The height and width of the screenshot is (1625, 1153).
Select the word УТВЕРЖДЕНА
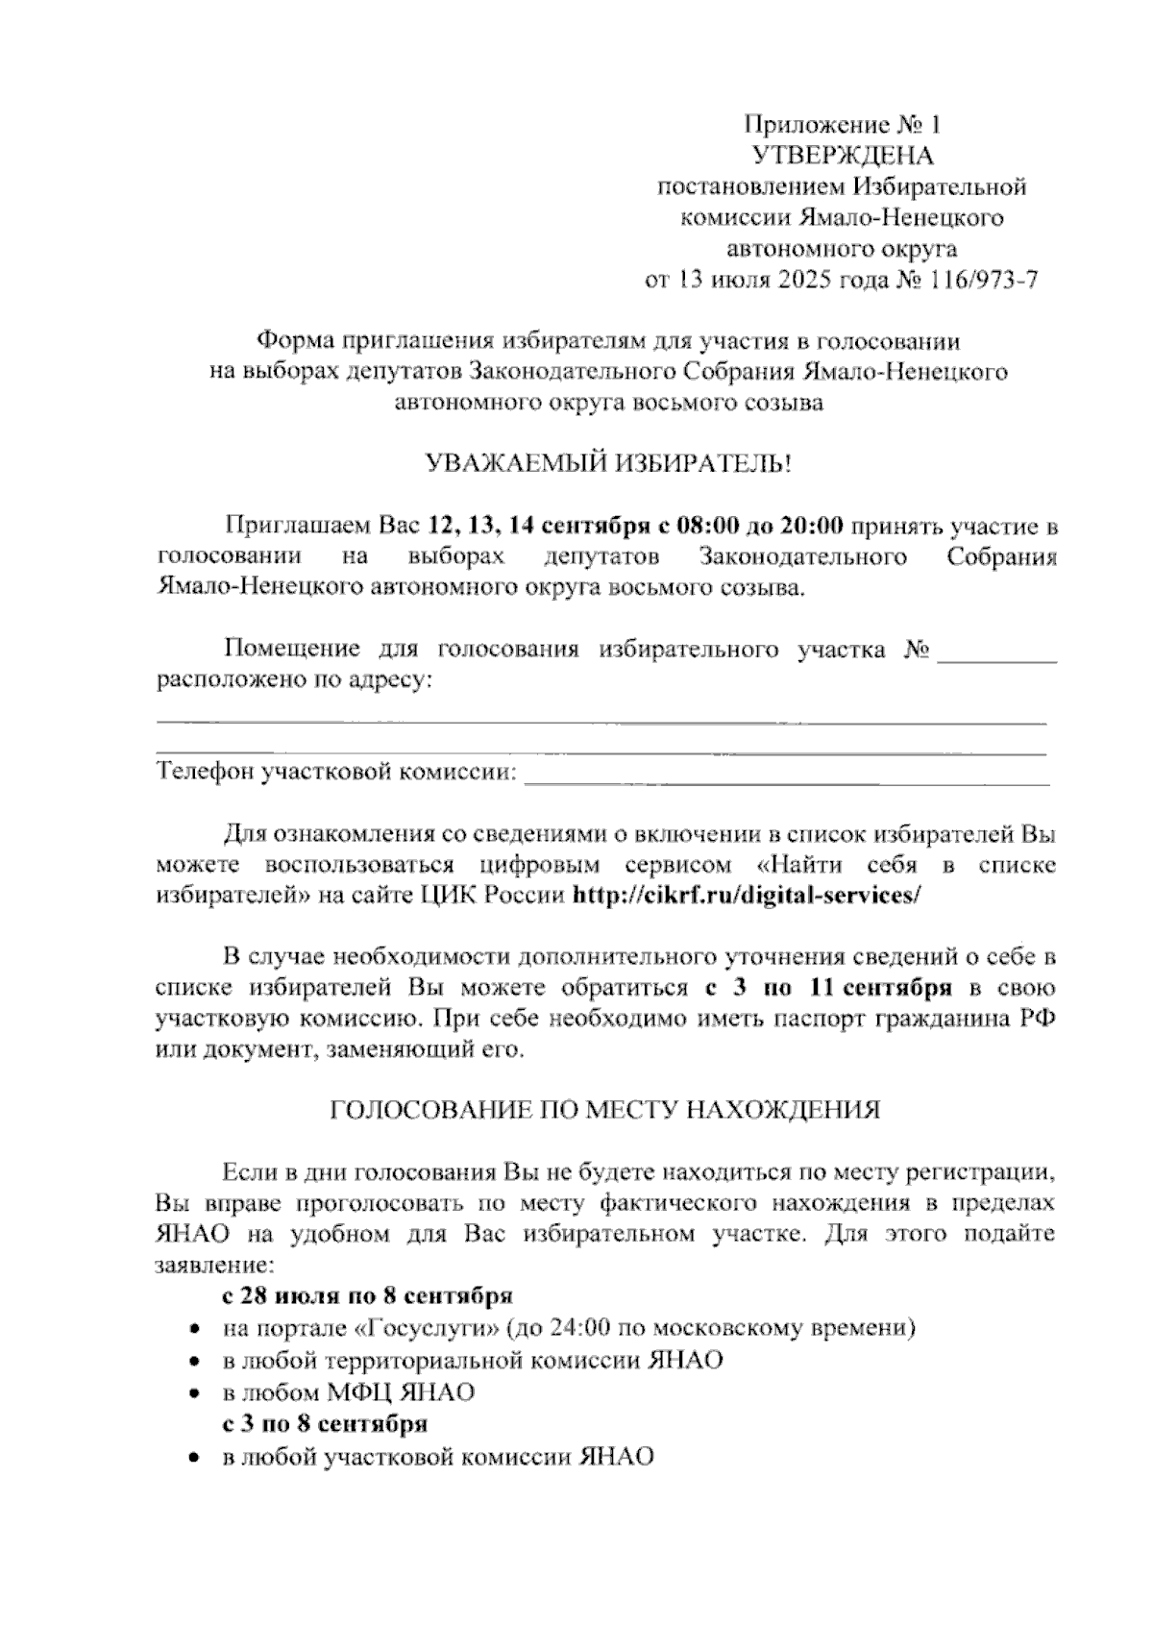point(843,155)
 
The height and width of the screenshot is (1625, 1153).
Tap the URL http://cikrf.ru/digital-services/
point(747,895)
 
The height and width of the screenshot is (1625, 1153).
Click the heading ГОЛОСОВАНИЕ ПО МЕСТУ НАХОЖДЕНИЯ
point(605,1110)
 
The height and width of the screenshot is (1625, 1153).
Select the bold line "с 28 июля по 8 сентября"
point(367,1296)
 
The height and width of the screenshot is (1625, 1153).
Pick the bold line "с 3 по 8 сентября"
point(325,1422)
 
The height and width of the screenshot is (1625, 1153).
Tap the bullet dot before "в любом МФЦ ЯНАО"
point(195,1391)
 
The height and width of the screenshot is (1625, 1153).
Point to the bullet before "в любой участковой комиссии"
point(195,1457)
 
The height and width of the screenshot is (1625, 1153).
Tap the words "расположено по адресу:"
point(293,682)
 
